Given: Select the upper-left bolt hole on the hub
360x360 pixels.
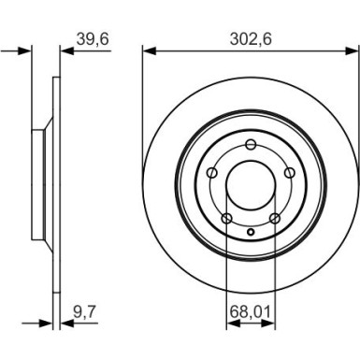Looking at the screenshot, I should (213, 172).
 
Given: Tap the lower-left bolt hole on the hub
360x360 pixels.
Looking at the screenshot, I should (227, 218).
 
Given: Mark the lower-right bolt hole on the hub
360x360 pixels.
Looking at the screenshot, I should (275, 218).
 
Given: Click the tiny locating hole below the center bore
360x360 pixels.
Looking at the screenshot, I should (252, 231).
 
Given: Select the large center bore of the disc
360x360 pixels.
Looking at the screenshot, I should (252, 184).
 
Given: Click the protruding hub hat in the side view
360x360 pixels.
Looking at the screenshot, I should (37, 184).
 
